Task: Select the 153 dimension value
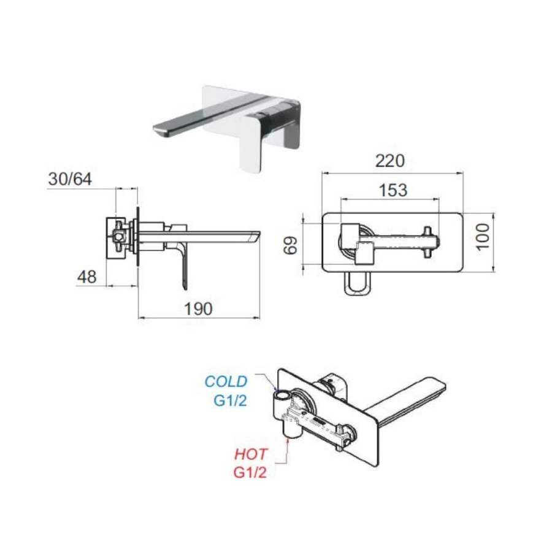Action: click(x=393, y=190)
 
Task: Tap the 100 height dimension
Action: click(x=483, y=236)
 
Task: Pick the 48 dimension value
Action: click(x=86, y=277)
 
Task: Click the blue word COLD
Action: click(x=226, y=381)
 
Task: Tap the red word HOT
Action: click(x=251, y=455)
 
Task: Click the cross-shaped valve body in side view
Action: click(x=120, y=235)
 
